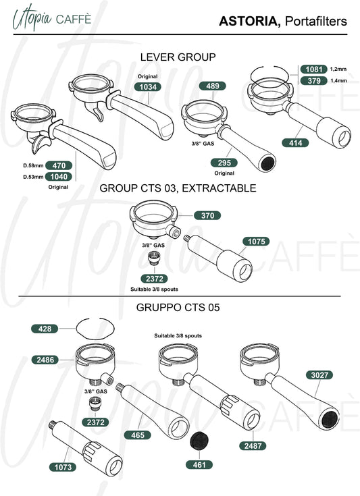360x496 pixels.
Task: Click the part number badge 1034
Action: coord(147,87)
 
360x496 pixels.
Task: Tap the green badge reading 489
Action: coord(213,86)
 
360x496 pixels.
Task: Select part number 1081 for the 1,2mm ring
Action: coord(314,70)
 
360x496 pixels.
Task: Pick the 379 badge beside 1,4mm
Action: coord(314,81)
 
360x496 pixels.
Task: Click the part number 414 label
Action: coord(295,143)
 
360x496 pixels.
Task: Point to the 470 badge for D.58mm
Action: coord(59,165)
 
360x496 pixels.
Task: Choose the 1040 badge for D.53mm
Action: coord(59,177)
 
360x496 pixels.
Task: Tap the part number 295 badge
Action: coord(224,163)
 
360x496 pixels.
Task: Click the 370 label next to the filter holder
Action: coord(207,216)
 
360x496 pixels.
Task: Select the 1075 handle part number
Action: coord(256,242)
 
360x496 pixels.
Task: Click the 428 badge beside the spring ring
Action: coord(45,329)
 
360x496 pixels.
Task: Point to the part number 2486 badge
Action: coord(45,360)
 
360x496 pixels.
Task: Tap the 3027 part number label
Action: coord(319,375)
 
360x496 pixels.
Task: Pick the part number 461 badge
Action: coord(199,465)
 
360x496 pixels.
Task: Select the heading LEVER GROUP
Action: coord(178,57)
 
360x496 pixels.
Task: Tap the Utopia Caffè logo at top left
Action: coord(52,18)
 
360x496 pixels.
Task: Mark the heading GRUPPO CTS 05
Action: coord(178,308)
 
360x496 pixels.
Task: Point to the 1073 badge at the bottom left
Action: coord(63,467)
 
